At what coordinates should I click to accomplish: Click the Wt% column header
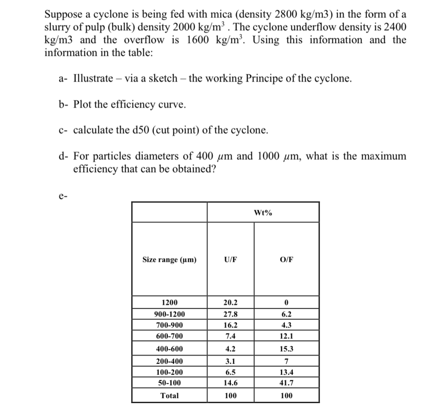click(263, 213)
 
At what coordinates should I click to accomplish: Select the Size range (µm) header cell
click(169, 260)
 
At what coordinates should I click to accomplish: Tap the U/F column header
click(230, 260)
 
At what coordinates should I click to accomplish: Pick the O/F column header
click(287, 260)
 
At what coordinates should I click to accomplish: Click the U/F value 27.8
click(230, 314)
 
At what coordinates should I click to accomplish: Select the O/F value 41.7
click(287, 383)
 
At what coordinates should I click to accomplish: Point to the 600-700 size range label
click(169, 336)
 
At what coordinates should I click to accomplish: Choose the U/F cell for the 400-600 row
click(230, 349)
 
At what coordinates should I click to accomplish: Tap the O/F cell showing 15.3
click(287, 349)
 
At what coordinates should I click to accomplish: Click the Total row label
click(169, 396)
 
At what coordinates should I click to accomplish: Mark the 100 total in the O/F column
click(287, 396)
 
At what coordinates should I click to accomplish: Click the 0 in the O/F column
click(287, 303)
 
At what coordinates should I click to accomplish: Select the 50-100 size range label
click(169, 383)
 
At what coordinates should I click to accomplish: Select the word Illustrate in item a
click(93, 78)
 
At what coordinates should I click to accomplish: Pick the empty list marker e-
click(63, 196)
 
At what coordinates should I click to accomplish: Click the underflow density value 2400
click(393, 27)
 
